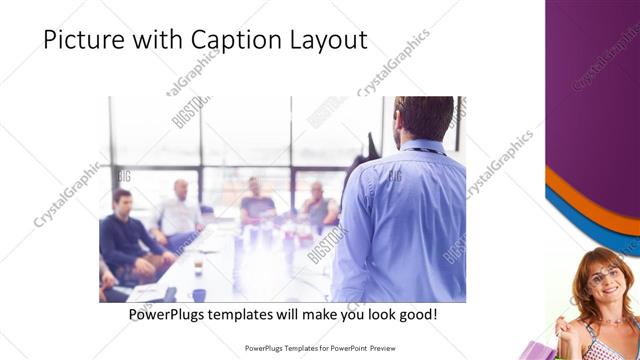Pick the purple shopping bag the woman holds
(534, 350)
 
